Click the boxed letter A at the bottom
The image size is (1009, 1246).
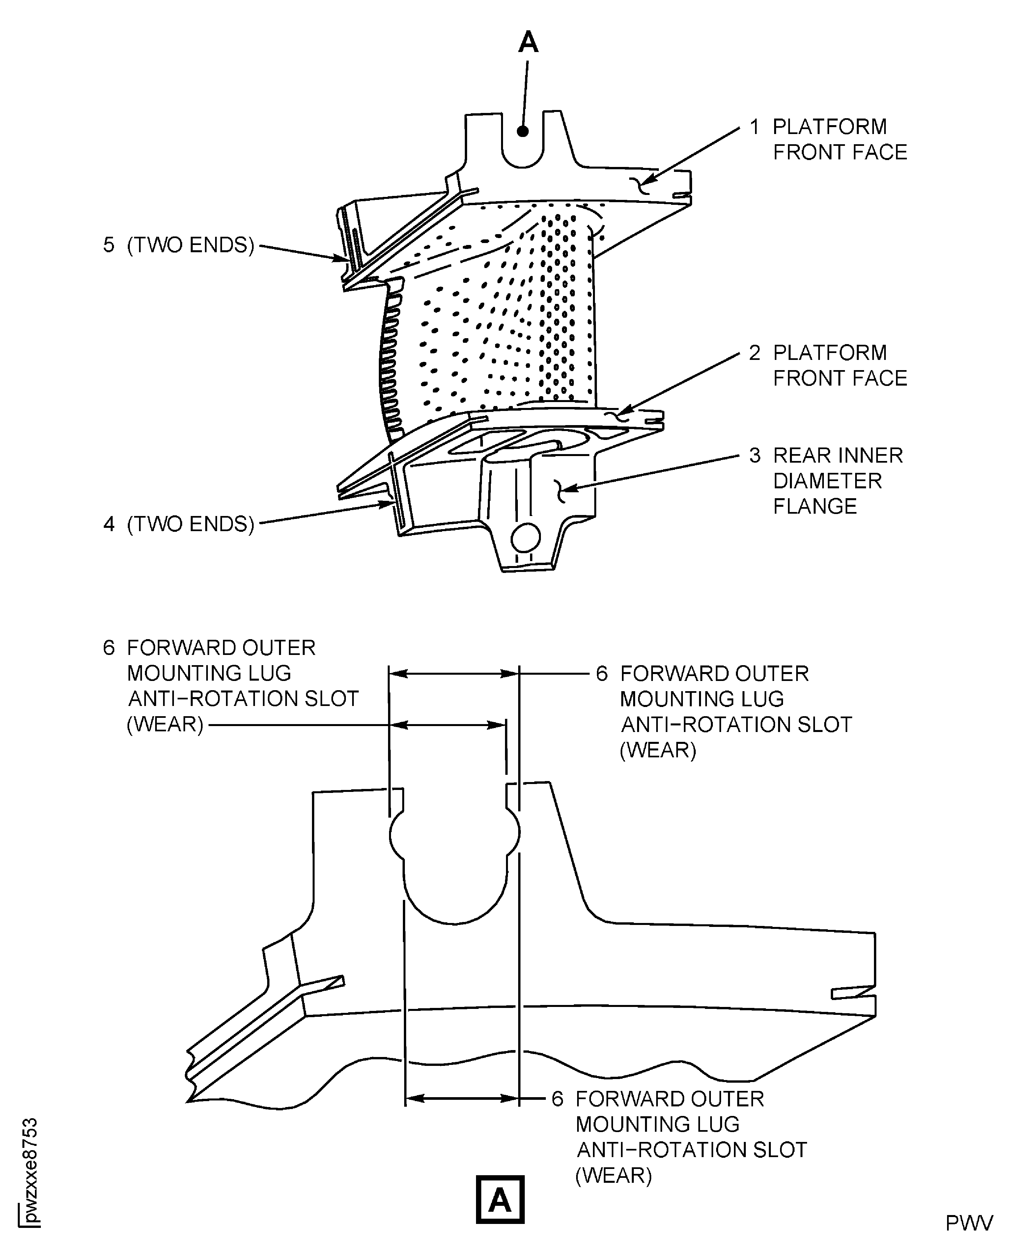(499, 1200)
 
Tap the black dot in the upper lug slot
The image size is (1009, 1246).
(522, 131)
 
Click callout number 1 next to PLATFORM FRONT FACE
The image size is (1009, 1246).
(754, 127)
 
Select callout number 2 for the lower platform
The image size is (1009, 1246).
(754, 353)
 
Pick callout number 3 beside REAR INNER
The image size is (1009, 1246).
(754, 455)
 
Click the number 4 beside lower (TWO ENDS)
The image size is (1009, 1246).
(109, 524)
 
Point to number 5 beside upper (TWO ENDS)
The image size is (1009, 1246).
(109, 245)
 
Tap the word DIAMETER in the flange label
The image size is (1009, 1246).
(827, 481)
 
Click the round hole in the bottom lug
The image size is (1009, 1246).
(525, 538)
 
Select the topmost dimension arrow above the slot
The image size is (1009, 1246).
(453, 674)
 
